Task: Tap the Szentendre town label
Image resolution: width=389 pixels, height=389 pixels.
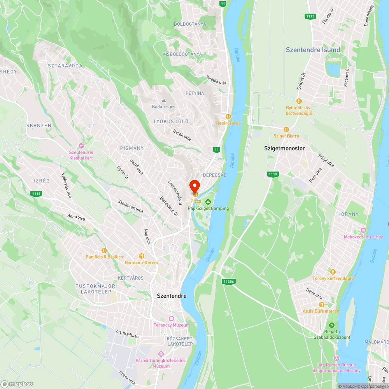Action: (172, 296)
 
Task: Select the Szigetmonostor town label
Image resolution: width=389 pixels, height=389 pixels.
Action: (284, 148)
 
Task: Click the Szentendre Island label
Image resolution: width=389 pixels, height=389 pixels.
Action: (313, 50)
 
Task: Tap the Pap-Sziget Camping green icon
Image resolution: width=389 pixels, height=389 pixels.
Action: (208, 202)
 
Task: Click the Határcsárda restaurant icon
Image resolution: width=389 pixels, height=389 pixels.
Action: (229, 116)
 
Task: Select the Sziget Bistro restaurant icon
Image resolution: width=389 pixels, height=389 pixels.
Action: (286, 129)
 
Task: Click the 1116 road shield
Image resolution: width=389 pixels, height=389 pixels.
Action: (37, 193)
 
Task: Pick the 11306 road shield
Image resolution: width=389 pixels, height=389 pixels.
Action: (229, 281)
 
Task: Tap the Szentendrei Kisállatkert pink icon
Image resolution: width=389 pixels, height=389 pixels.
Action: (81, 145)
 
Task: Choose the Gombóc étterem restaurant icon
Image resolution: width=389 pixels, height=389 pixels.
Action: (142, 256)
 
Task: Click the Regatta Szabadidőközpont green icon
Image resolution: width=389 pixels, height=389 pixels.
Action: (332, 325)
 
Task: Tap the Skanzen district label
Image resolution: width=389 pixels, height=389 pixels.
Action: (39, 126)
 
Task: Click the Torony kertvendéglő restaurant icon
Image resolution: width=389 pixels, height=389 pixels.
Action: (333, 272)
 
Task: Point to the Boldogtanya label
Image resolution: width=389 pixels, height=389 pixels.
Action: (190, 24)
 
